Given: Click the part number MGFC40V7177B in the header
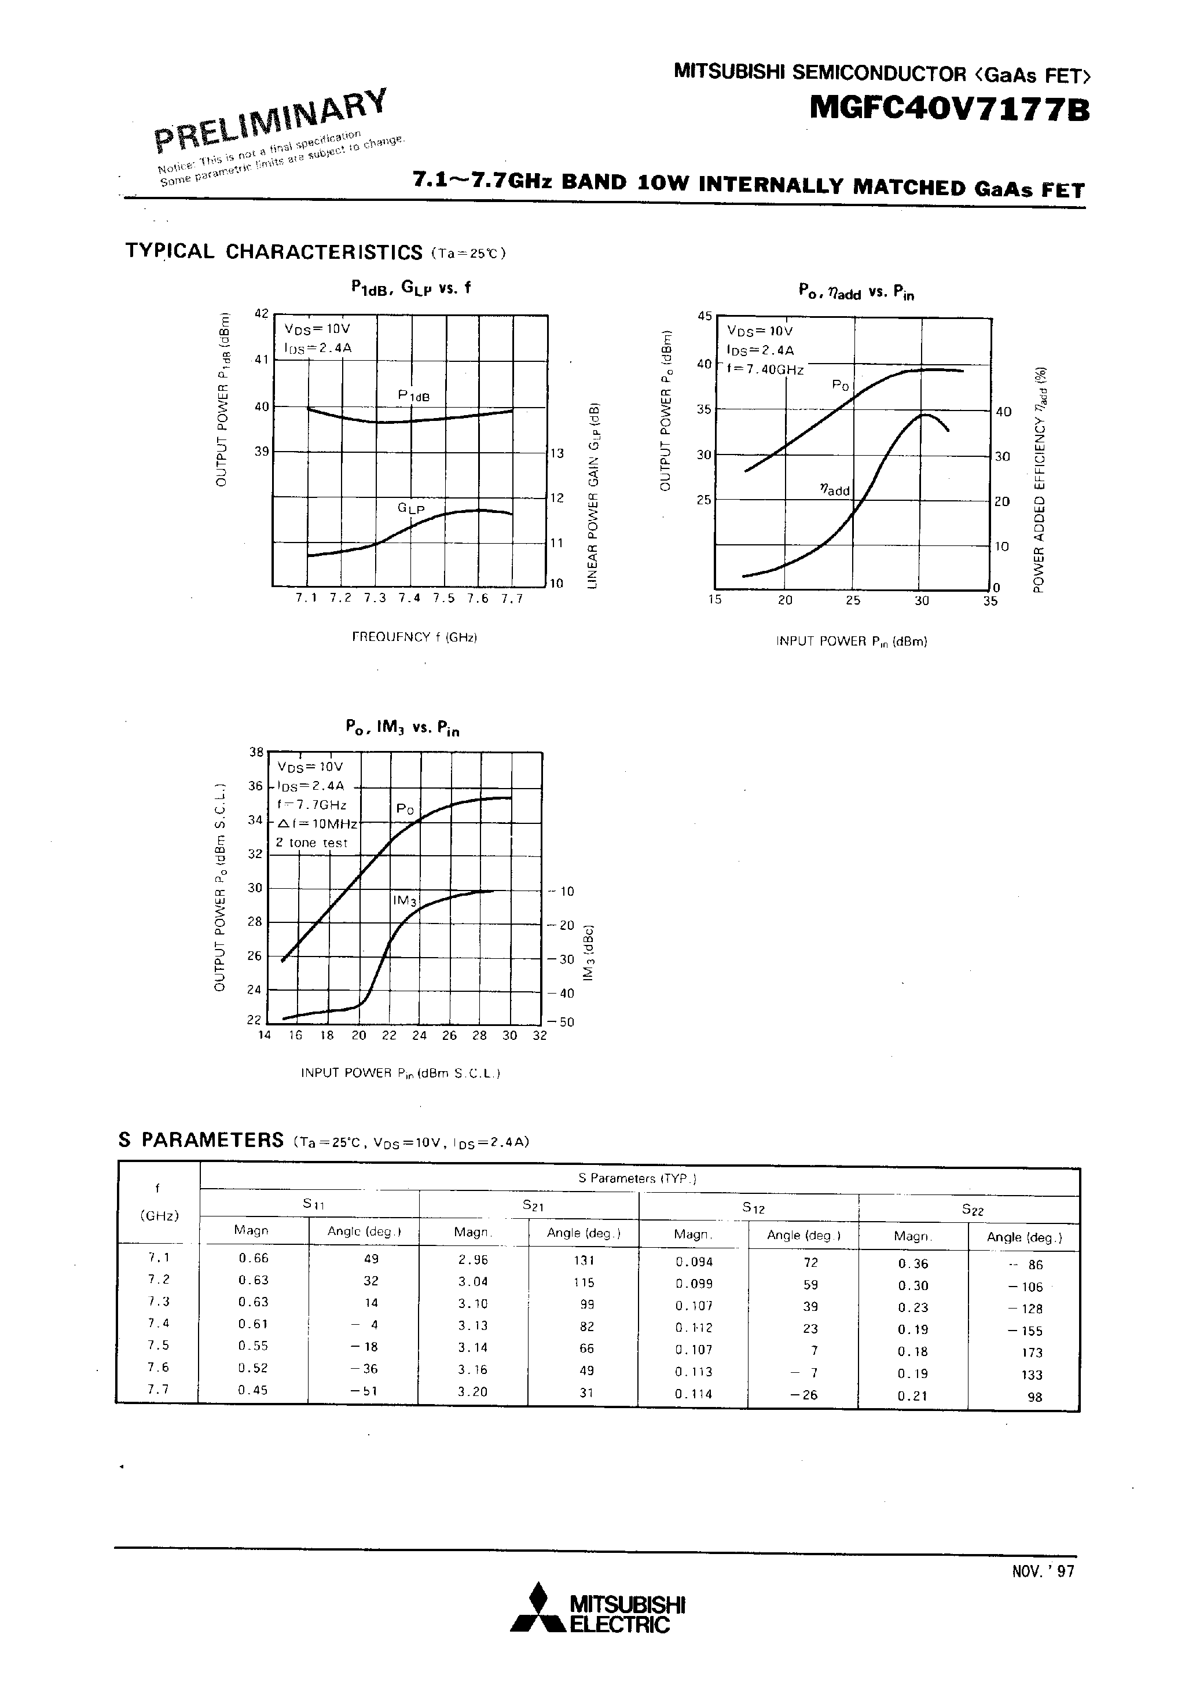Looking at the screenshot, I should [949, 109].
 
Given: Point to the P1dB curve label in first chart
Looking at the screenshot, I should [414, 397].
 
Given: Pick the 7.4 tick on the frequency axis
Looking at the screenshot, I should [409, 599].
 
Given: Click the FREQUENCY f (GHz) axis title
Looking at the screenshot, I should [414, 636].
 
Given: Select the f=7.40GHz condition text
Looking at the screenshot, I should [765, 369].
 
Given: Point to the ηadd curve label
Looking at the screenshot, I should [835, 490].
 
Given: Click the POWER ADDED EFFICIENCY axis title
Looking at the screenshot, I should [1039, 479].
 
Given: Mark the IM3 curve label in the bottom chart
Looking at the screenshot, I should [405, 900].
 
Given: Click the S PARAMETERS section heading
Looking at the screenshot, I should [200, 1140].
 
